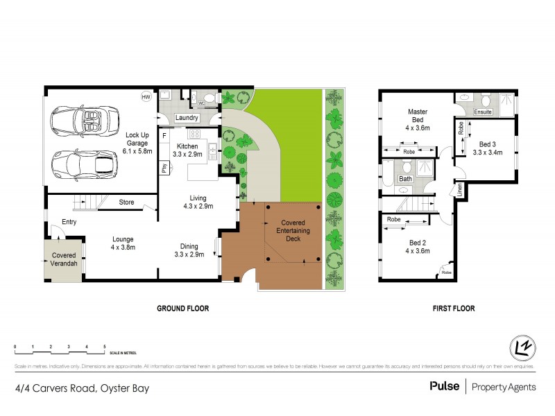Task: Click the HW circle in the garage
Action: (x=146, y=97)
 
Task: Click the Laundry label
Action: (x=187, y=119)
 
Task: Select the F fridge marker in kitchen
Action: (x=164, y=135)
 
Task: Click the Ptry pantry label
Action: (x=164, y=168)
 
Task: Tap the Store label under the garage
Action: (x=126, y=202)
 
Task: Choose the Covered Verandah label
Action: (x=64, y=260)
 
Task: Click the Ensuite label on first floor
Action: (x=484, y=112)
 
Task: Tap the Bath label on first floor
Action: (x=405, y=179)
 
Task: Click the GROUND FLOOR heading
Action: (x=183, y=309)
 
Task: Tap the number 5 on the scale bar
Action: (x=104, y=345)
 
